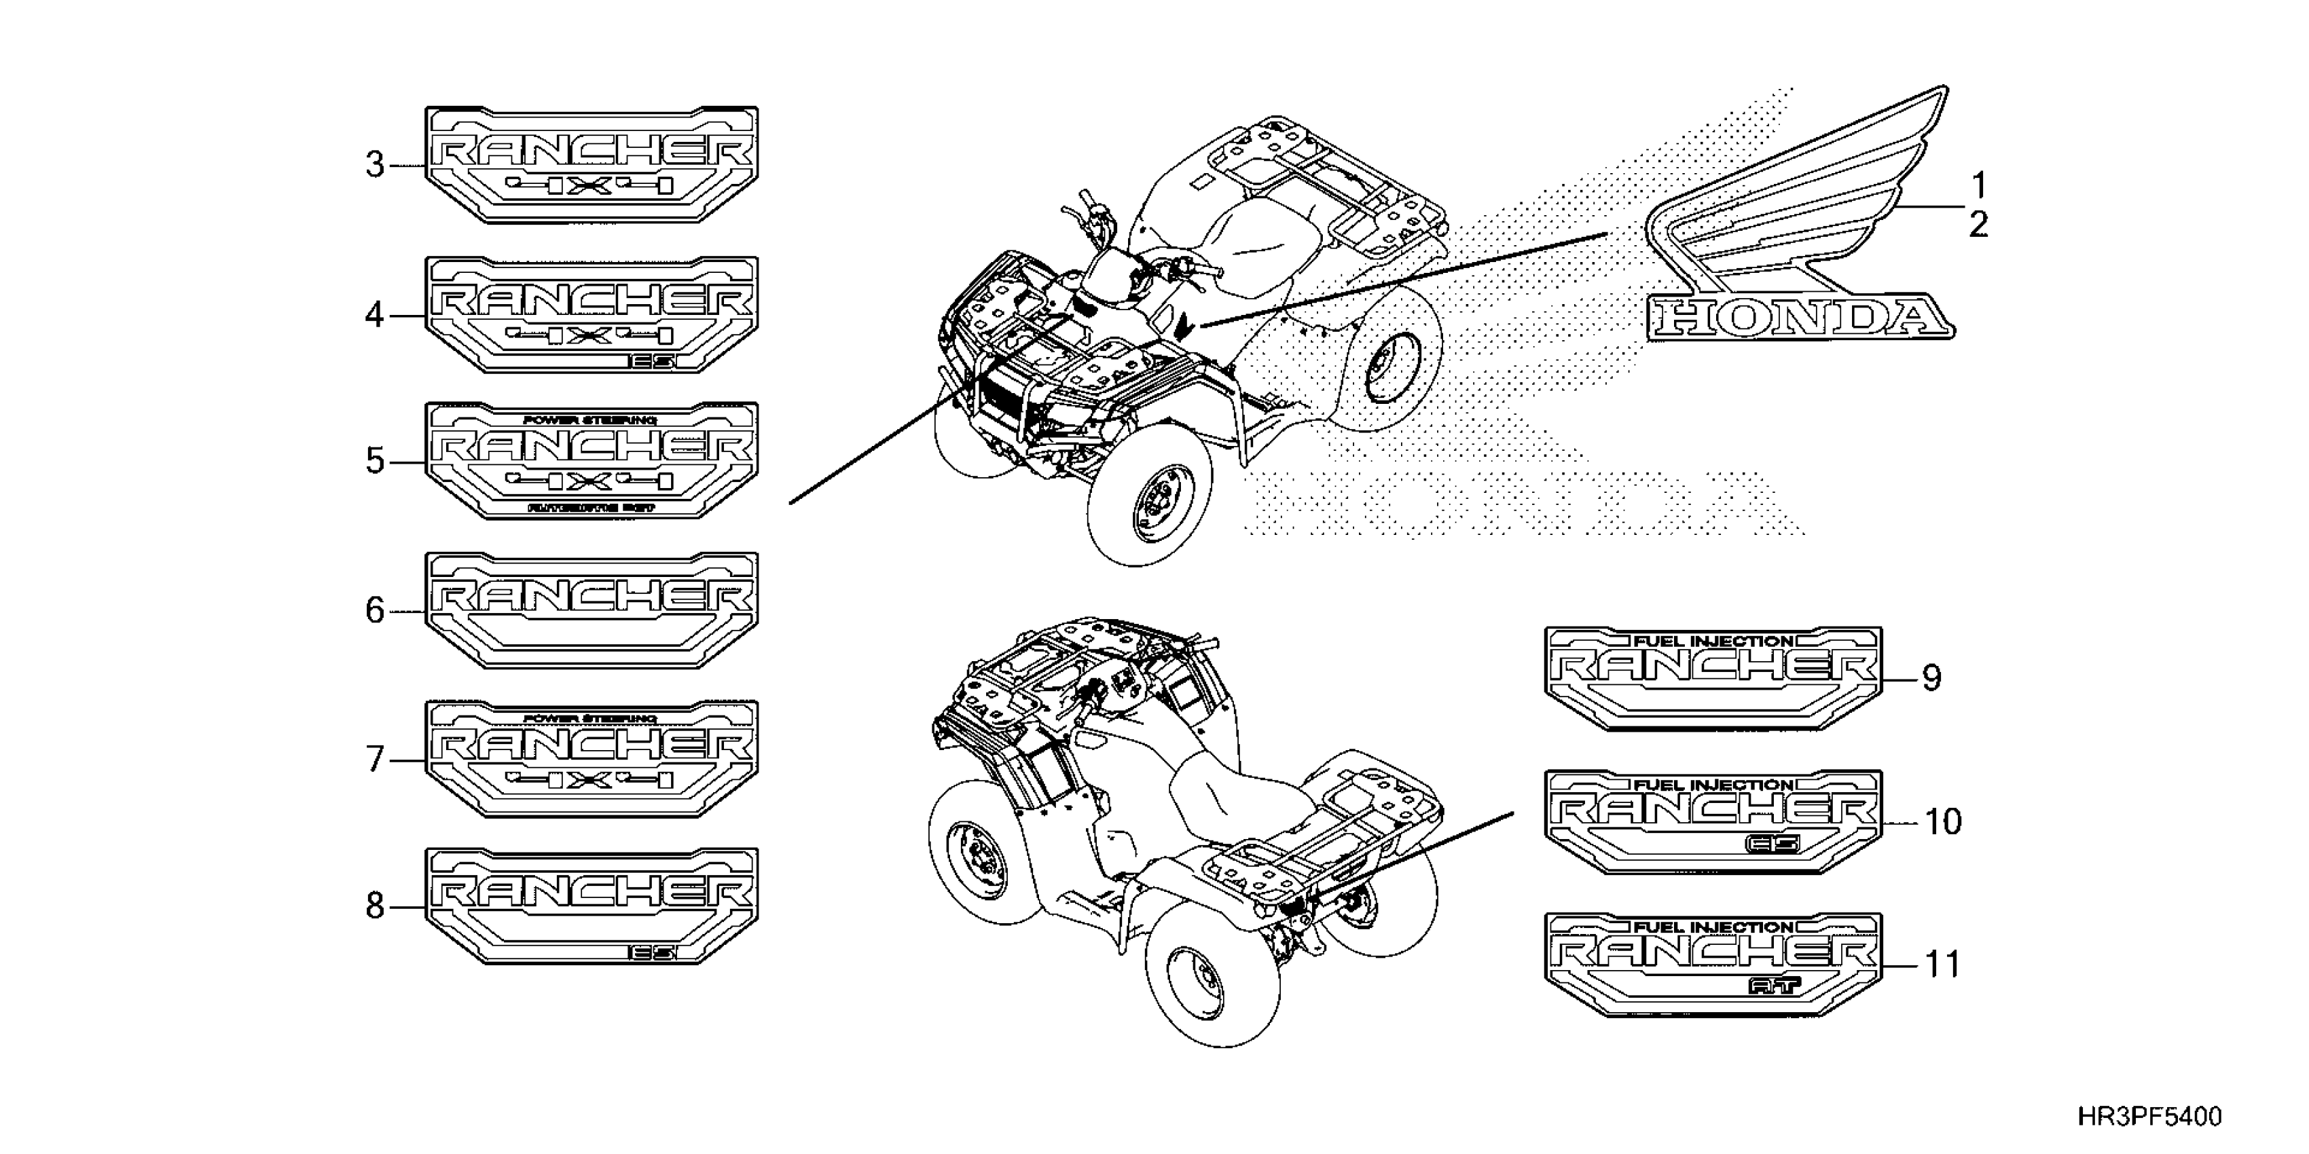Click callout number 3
375,166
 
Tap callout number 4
375,316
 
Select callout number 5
375,462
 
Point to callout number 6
375,611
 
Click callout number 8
375,907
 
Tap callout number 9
1931,678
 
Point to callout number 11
1942,966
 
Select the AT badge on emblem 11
1774,986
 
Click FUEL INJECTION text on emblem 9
1713,641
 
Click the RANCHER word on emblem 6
592,595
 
